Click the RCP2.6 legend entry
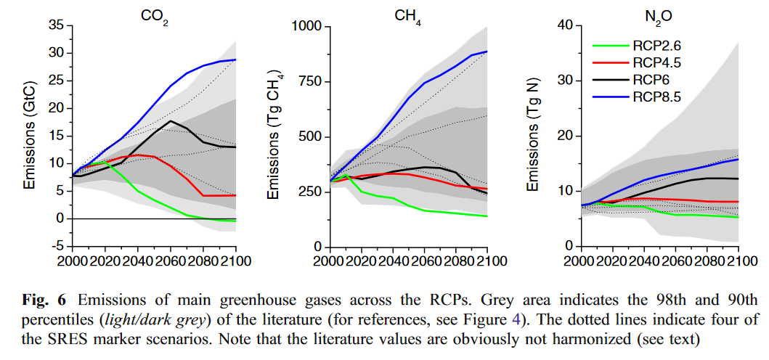(x=635, y=46)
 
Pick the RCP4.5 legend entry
(x=635, y=62)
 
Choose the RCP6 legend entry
(x=627, y=78)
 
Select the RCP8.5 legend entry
(x=635, y=94)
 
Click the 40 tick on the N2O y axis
(x=566, y=25)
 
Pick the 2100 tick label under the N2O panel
(x=738, y=261)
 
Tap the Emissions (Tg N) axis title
(x=534, y=136)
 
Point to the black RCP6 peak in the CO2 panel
(x=170, y=120)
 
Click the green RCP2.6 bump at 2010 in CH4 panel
(x=346, y=175)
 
